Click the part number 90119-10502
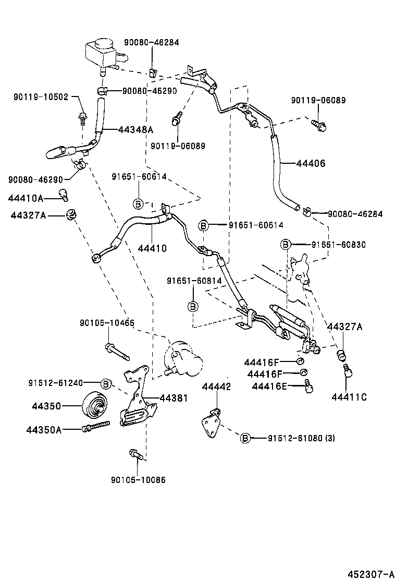[x=41, y=97]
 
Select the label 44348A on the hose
[x=136, y=129]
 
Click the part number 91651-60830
[x=339, y=244]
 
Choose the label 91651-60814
[x=194, y=281]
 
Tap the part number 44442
[x=216, y=386]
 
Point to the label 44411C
[x=349, y=397]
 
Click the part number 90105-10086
[x=138, y=479]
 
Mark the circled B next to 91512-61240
[x=106, y=383]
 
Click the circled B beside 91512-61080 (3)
[x=245, y=438]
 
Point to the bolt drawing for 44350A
[x=96, y=427]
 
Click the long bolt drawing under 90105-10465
[x=117, y=352]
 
